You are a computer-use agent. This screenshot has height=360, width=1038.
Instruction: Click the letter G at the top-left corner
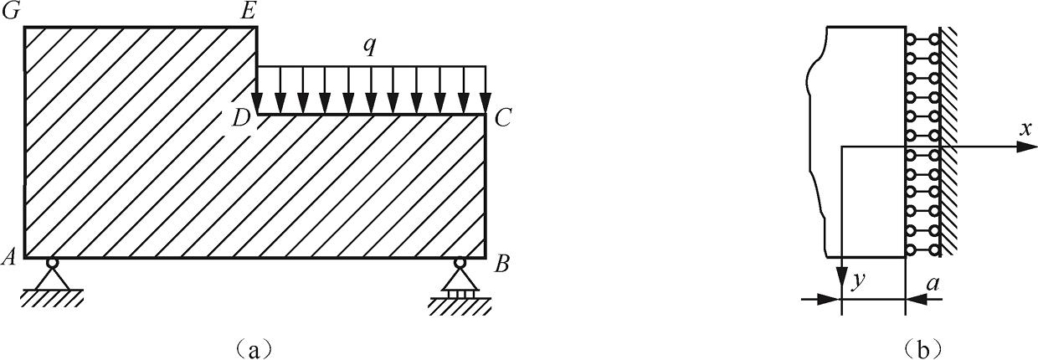point(13,12)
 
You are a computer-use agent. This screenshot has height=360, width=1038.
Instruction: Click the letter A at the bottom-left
point(11,258)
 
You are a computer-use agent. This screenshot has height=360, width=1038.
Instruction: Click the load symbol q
point(369,47)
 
